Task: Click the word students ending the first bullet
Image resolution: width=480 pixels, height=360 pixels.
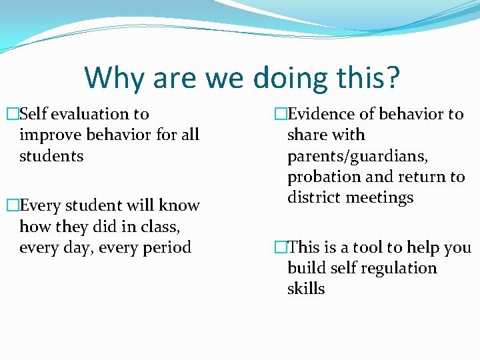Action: pos(51,156)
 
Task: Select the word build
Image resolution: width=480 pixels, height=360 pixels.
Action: pos(306,268)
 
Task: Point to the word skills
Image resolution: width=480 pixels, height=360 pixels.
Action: pos(306,289)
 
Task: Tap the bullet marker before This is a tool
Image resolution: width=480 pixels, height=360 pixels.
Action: pos(280,247)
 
